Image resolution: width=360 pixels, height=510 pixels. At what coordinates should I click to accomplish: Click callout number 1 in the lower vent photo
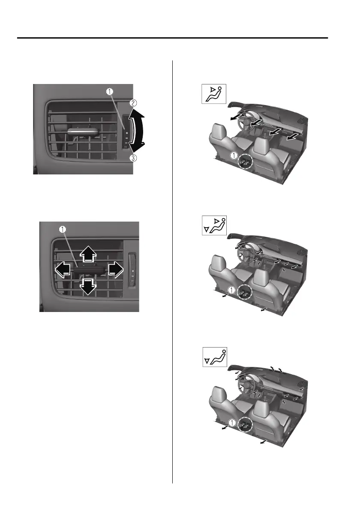tap(63, 228)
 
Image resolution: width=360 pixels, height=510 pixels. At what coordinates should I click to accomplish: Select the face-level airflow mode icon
tap(213, 94)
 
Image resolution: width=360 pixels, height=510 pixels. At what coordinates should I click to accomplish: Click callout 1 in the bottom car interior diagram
tap(232, 422)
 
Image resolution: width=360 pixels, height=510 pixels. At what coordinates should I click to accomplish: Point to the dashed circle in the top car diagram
tap(246, 162)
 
